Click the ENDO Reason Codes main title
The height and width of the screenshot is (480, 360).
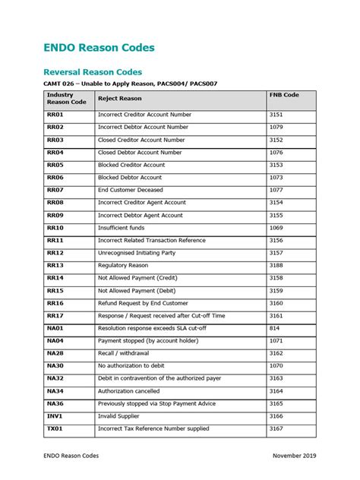[x=99, y=47]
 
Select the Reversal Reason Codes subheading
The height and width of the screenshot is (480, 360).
[x=92, y=71]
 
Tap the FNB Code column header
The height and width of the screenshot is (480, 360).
[x=284, y=95]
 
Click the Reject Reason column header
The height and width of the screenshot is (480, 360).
[x=119, y=98]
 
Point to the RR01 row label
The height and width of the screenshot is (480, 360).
[x=55, y=114]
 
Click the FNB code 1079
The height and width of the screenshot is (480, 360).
[x=276, y=127]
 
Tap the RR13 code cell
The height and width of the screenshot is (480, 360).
[x=55, y=266]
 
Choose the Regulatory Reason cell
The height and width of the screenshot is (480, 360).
[x=123, y=266]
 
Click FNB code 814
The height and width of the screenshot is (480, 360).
[x=274, y=328]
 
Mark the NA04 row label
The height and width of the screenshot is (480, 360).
[x=55, y=341]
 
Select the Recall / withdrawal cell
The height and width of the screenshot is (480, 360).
[x=123, y=353]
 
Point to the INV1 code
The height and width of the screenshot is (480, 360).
[x=55, y=416]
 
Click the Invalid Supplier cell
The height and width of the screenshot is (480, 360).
[x=119, y=416]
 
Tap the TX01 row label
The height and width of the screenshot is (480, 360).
[x=55, y=429]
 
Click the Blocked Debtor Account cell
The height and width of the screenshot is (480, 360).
[x=130, y=177]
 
